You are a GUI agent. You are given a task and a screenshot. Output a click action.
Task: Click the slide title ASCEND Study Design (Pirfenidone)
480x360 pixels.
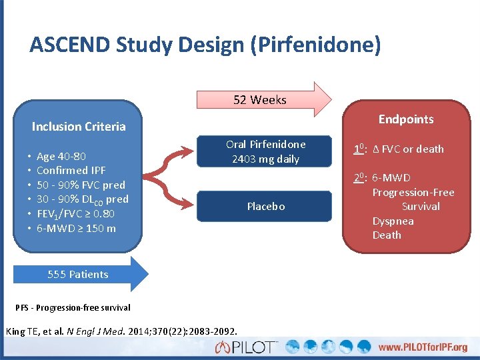pos(205,45)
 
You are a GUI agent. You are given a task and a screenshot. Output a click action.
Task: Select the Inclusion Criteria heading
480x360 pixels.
pos(79,126)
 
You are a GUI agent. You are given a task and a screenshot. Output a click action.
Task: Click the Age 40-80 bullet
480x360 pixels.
pos(61,156)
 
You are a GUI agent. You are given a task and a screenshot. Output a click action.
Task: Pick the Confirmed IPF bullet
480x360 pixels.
pos(71,171)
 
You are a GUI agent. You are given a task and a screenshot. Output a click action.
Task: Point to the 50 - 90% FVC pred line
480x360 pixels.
pos(81,185)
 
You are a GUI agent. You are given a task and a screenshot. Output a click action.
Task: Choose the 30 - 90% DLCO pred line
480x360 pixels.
pos(82,199)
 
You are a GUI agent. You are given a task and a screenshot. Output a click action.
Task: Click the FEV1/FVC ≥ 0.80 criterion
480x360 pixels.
pos(75,214)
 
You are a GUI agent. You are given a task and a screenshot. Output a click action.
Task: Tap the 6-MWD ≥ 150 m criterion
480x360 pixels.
pos(76,229)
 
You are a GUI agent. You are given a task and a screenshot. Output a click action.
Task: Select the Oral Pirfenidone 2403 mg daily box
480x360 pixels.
pos(265,151)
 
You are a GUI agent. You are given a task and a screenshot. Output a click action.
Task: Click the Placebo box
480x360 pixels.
pos(265,207)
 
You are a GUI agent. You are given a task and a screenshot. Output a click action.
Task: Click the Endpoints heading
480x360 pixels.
pos(405,119)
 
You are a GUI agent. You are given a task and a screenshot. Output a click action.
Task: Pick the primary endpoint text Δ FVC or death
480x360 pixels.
pos(407,149)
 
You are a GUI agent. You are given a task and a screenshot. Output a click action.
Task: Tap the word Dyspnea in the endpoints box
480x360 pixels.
pos(393,221)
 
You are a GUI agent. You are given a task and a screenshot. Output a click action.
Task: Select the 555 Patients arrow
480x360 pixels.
pos(79,274)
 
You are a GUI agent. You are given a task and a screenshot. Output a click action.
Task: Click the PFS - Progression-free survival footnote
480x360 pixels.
pos(73,307)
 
